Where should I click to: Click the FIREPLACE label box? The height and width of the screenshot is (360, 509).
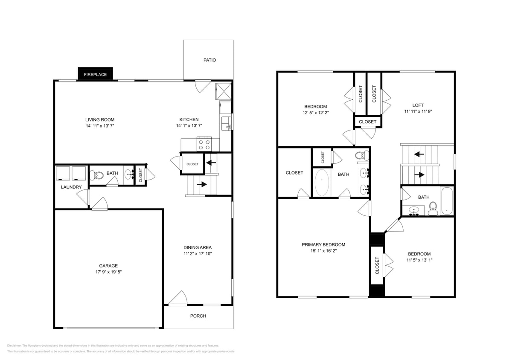tap(95, 74)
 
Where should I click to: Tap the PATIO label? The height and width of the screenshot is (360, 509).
tap(209, 60)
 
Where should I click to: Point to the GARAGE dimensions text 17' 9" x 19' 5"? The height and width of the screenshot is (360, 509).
tap(108, 272)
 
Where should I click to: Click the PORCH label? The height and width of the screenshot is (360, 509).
tap(198, 316)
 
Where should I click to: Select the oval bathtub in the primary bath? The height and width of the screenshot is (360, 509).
tap(322, 183)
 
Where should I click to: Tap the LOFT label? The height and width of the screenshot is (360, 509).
tap(418, 105)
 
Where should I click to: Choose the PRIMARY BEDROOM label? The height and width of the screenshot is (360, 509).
tap(323, 244)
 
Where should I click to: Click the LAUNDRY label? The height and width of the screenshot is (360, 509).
tap(71, 187)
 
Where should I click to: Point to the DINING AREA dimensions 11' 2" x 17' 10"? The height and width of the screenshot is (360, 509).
tap(198, 254)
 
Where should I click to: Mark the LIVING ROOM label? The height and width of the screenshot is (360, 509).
tap(100, 120)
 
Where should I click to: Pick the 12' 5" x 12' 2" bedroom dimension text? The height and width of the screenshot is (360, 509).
tap(315, 113)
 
